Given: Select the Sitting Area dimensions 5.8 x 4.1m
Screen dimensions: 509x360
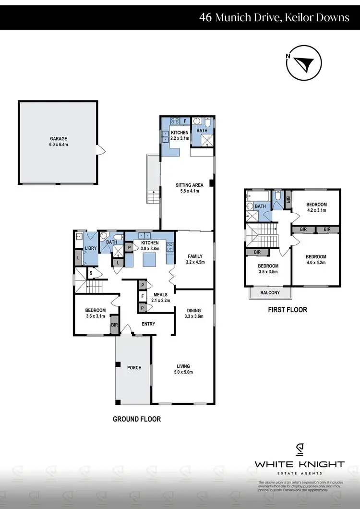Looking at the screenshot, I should (x=189, y=191).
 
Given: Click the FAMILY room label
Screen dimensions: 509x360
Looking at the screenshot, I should (x=195, y=256).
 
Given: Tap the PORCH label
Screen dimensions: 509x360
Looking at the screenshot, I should (x=134, y=368).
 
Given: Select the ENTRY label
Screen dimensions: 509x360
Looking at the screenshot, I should (x=148, y=324).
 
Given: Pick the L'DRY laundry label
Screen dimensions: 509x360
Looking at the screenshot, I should (x=91, y=248).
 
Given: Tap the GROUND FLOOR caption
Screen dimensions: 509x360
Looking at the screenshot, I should (x=137, y=419).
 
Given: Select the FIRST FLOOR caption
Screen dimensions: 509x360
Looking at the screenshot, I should (x=287, y=310).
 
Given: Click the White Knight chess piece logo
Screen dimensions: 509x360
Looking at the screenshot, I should (x=299, y=449).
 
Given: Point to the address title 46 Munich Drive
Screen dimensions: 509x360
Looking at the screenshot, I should (x=274, y=18).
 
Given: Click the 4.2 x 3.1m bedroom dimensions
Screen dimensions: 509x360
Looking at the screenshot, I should (x=316, y=210).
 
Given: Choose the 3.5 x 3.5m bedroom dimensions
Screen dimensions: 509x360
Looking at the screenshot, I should (x=267, y=272).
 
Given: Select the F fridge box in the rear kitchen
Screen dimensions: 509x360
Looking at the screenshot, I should (x=185, y=121).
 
